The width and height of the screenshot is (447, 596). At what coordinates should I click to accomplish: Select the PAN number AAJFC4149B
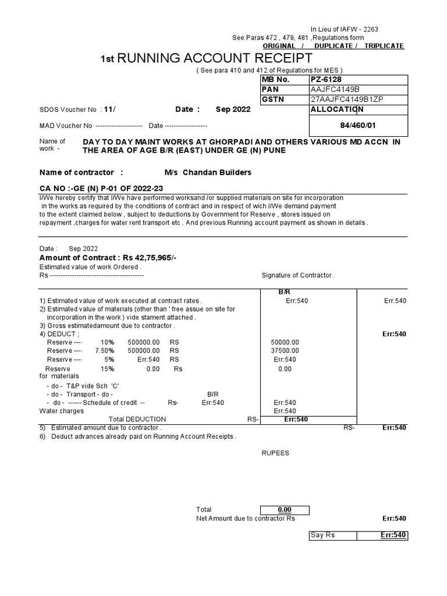(x=336, y=89)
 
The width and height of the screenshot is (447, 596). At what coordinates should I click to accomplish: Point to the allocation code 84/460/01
(x=358, y=125)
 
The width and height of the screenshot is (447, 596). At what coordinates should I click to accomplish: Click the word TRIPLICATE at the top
(x=384, y=46)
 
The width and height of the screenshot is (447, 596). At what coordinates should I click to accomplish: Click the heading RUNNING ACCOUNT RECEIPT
(x=206, y=58)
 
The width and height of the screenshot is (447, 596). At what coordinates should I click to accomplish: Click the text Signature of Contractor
(x=298, y=275)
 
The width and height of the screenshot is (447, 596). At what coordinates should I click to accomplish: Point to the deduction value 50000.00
(x=285, y=342)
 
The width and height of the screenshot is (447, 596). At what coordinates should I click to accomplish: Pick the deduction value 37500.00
(x=285, y=351)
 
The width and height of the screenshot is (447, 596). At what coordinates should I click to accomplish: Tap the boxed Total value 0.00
(x=285, y=509)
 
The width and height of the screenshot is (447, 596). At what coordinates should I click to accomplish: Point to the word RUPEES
(x=275, y=453)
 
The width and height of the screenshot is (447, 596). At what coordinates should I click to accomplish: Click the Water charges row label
(x=61, y=411)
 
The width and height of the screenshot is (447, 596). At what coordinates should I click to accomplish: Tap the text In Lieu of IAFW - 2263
(x=347, y=30)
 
